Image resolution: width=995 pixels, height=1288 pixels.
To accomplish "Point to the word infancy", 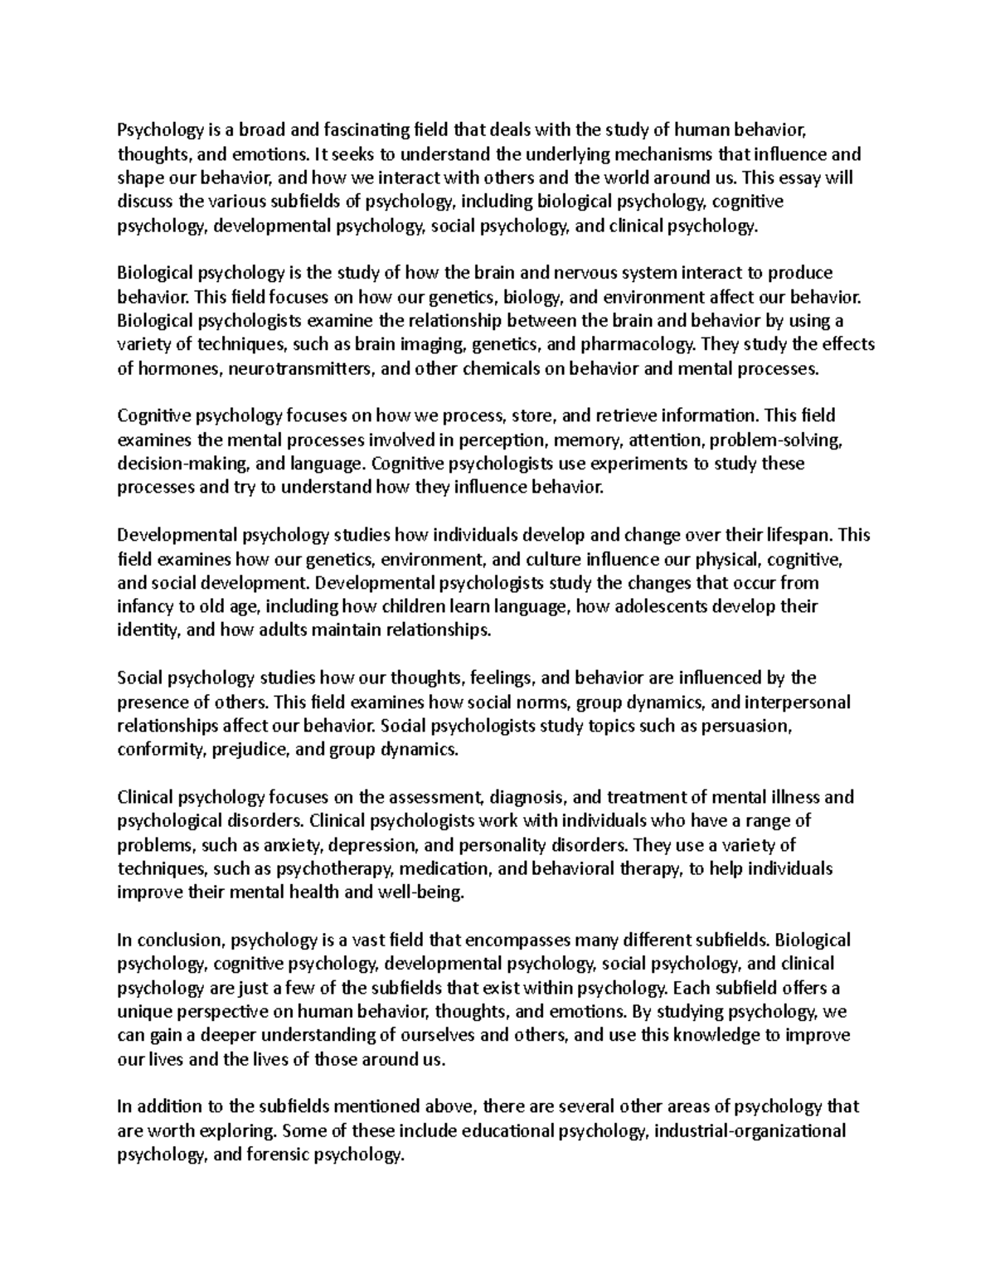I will (145, 606).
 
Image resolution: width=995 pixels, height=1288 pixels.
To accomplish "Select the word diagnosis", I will (528, 797).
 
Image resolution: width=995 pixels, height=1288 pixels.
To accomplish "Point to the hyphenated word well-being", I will (422, 892).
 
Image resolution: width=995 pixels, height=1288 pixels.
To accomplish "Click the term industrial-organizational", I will (750, 1131).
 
